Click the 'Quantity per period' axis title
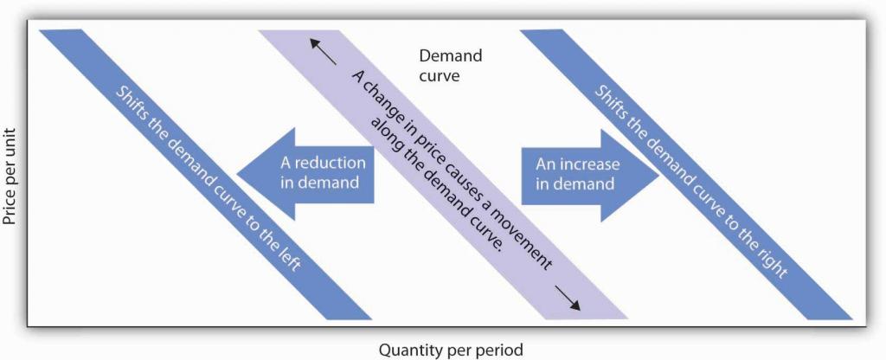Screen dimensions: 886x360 click(x=450, y=350)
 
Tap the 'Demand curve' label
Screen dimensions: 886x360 click(x=450, y=65)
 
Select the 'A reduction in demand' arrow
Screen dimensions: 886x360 click(x=305, y=173)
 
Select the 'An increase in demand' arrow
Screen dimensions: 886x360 click(x=590, y=175)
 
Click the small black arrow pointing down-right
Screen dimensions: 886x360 click(x=567, y=298)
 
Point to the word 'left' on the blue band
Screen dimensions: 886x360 click(x=285, y=261)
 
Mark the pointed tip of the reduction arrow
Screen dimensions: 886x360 click(x=237, y=173)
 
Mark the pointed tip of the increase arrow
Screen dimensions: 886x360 click(x=658, y=175)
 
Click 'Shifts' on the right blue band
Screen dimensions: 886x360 click(x=613, y=102)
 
